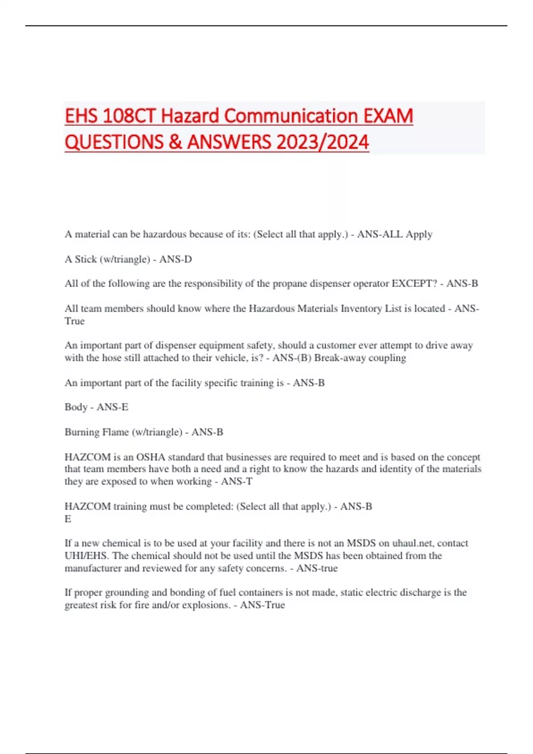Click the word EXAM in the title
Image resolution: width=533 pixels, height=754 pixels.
click(388, 116)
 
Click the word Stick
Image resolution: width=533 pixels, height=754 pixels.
click(86, 259)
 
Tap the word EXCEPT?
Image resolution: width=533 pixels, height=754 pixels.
click(414, 283)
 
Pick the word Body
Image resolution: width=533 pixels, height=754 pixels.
click(76, 407)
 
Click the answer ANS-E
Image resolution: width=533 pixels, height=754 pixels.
click(112, 407)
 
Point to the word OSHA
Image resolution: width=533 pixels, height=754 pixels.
click(151, 457)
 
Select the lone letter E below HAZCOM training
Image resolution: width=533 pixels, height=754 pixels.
click(68, 519)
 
